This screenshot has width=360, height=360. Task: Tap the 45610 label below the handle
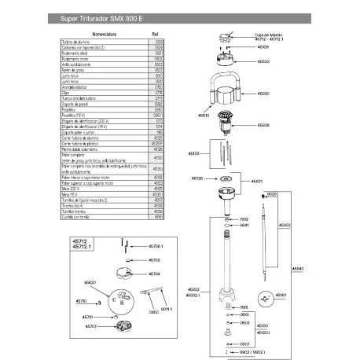pyautogui.click(x=204, y=116)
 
